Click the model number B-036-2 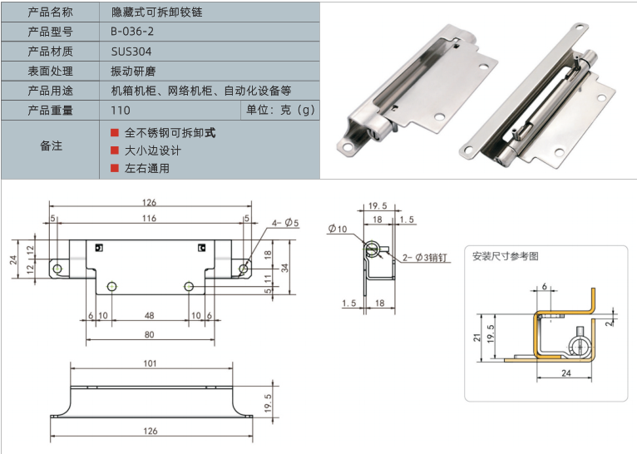(x=132, y=32)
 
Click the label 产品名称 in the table (x=50, y=12)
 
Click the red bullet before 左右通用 (x=115, y=168)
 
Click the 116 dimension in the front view (x=149, y=218)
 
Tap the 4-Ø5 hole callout (x=284, y=223)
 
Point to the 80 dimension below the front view (x=149, y=334)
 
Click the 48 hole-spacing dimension (x=149, y=316)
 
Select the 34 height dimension (x=285, y=267)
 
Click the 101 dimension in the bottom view (x=151, y=363)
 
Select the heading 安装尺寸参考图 (x=505, y=256)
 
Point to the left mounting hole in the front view (x=58, y=268)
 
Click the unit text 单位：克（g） (x=280, y=110)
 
